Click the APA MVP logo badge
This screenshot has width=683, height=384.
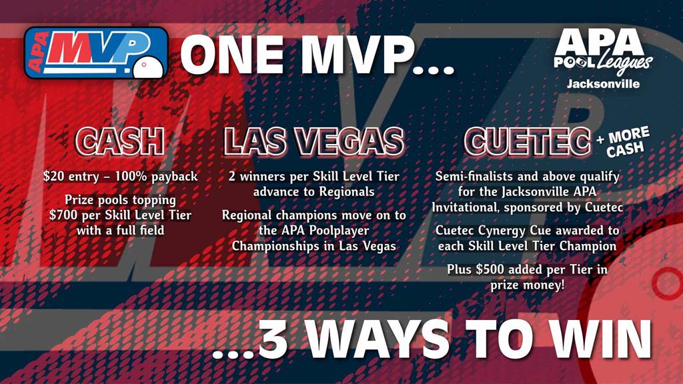96,53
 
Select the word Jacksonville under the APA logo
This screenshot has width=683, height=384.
603,84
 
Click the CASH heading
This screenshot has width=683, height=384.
120,141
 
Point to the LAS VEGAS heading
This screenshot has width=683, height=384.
313,141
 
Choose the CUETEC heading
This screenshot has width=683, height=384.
527,141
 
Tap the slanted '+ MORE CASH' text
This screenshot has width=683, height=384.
624,142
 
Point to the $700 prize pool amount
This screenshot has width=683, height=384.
64,215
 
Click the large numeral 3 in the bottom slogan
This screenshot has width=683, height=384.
273,339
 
